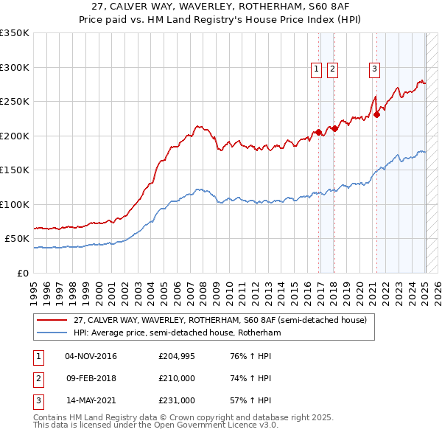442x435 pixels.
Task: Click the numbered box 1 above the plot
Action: click(x=316, y=69)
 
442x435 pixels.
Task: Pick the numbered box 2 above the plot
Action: click(x=332, y=69)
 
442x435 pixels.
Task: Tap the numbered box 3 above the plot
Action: click(x=374, y=69)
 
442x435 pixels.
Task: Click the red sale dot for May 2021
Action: click(x=376, y=114)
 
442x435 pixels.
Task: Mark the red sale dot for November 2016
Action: click(x=319, y=133)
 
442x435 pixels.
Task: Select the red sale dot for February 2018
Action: click(x=334, y=128)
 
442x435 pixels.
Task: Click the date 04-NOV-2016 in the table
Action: click(x=91, y=356)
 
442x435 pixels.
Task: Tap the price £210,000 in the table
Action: click(x=177, y=378)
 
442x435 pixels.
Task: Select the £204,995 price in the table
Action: click(x=177, y=356)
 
